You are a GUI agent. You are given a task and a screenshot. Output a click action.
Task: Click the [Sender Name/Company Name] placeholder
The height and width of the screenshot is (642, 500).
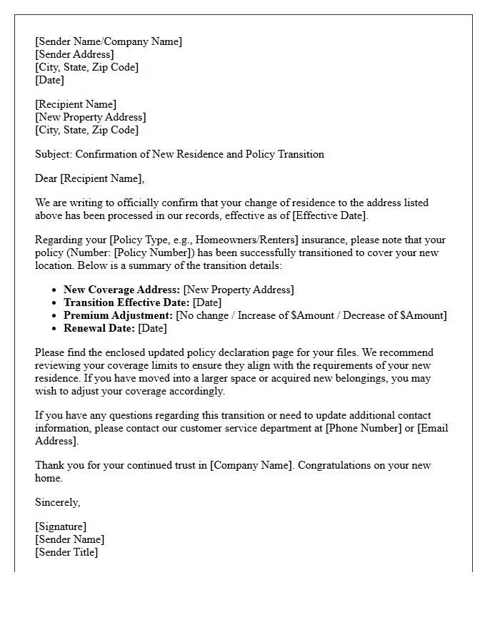109,41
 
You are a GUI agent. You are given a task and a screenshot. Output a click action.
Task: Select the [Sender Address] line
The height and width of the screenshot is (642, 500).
74,54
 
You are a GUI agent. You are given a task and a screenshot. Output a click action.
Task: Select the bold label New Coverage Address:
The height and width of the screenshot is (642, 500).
121,290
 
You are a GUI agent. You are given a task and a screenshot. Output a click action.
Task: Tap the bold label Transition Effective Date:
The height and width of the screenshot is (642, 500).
126,302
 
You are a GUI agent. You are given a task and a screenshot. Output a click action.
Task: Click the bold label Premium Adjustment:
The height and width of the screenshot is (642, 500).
118,315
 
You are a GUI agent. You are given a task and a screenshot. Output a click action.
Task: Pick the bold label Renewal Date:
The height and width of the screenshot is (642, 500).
99,328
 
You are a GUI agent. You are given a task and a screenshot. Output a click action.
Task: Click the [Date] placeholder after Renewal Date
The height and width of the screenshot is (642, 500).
152,328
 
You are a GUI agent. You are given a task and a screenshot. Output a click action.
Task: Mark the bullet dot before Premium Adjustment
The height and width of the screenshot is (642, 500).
55,315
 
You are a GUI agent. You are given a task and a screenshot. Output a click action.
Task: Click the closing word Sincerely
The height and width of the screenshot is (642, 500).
57,502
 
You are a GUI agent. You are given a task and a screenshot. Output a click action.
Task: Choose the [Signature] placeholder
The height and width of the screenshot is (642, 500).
61,526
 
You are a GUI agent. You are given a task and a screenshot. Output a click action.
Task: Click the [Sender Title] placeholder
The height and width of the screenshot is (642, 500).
66,552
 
